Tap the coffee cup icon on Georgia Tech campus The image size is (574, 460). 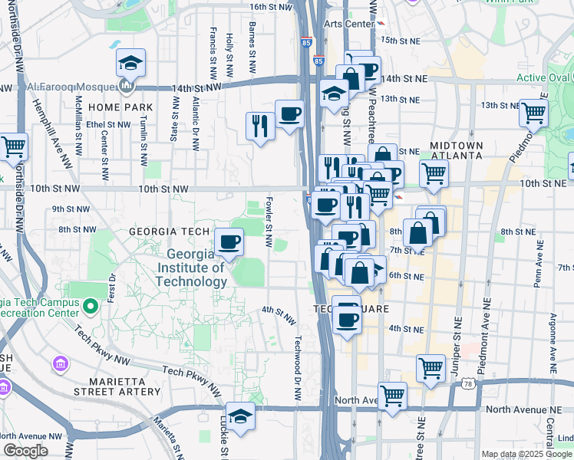pos(229,243)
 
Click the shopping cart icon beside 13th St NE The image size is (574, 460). pos(533,113)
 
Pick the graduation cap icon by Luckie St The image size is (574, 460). pos(240,416)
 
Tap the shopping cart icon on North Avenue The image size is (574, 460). pos(392,396)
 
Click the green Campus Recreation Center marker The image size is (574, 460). pos(91,308)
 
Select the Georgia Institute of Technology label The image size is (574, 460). pos(192,268)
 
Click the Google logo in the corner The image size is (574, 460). pos(25,450)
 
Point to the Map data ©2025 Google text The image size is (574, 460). pos(526,454)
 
